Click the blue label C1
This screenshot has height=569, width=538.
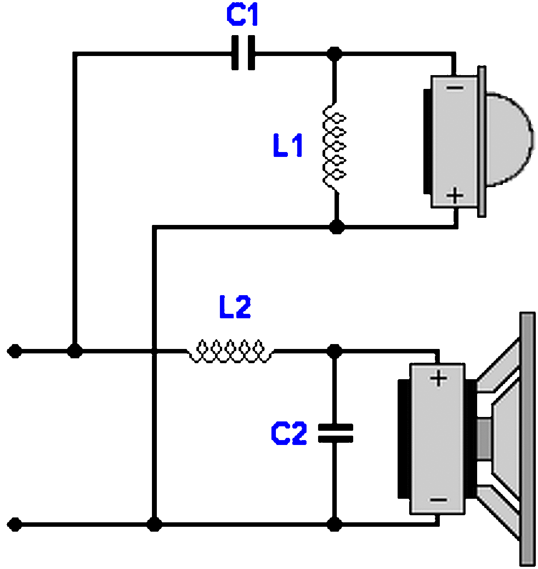click(x=243, y=16)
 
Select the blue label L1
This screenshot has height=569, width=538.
click(x=288, y=145)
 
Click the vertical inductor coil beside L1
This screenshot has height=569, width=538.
click(x=335, y=146)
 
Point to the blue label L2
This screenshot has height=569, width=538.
click(x=235, y=307)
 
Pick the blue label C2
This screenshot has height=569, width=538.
click(x=289, y=433)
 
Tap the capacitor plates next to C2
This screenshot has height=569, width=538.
click(x=335, y=433)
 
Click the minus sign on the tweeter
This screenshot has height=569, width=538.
click(x=454, y=88)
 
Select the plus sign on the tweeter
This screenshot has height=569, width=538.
click(x=454, y=195)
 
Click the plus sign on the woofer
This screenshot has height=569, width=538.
click(x=438, y=379)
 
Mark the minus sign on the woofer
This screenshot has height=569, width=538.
click(x=438, y=500)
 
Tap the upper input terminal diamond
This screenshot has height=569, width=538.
click(x=15, y=351)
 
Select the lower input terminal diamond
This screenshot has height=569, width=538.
click(x=15, y=525)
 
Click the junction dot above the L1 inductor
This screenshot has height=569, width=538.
click(x=335, y=54)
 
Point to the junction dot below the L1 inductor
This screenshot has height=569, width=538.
click(x=337, y=227)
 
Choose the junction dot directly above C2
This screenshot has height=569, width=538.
click(x=335, y=351)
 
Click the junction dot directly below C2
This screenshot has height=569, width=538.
click(x=335, y=525)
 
